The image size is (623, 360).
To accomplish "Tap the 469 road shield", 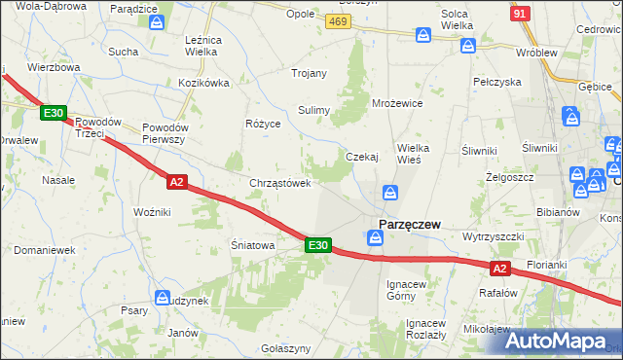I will click(338, 20).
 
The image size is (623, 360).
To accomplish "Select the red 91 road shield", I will click(520, 13).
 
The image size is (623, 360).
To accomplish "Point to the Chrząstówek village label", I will click(280, 182).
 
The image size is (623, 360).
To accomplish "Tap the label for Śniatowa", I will click(252, 245).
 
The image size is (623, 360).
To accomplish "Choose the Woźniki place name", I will click(152, 211).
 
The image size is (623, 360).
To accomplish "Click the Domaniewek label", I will click(44, 250).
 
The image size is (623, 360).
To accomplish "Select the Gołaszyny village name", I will click(286, 347).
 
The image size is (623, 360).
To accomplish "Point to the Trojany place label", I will click(310, 73).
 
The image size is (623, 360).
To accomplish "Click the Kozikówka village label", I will click(203, 84).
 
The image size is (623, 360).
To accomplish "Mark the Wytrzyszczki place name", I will click(495, 236).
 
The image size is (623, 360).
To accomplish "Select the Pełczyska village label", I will click(497, 83).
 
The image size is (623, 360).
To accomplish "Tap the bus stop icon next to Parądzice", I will click(156, 20).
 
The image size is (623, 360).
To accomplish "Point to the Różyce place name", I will click(263, 125).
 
